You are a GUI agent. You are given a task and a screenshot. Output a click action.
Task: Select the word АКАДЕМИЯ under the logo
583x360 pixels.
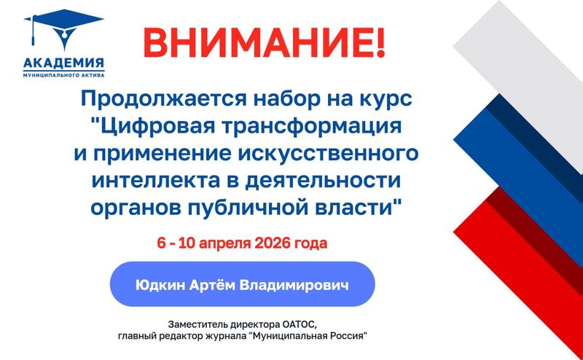point(64,63)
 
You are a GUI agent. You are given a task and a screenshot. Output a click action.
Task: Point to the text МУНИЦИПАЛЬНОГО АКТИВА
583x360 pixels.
point(64,74)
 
